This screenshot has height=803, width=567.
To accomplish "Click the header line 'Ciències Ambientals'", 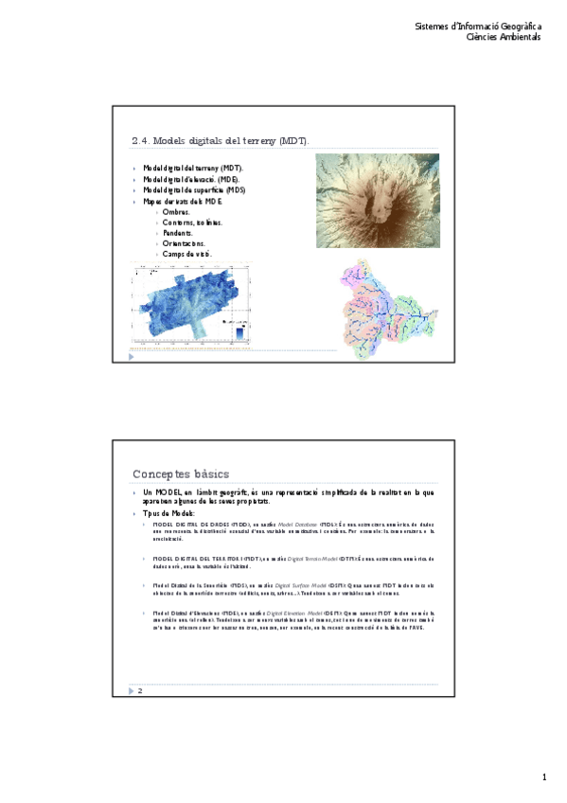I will coord(505,37).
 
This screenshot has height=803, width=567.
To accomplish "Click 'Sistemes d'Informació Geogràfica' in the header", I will coord(478,26).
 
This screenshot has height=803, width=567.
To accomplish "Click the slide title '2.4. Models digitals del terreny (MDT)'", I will coord(220,141).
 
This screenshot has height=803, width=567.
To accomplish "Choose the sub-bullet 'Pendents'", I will coord(178,233).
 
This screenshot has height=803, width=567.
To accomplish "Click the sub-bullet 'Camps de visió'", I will coord(186,254).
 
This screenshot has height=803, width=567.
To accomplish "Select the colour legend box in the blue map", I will coord(240,331).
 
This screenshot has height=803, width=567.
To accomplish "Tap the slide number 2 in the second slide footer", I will coord(140,691).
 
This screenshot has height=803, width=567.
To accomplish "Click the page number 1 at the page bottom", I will coord(544,777).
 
